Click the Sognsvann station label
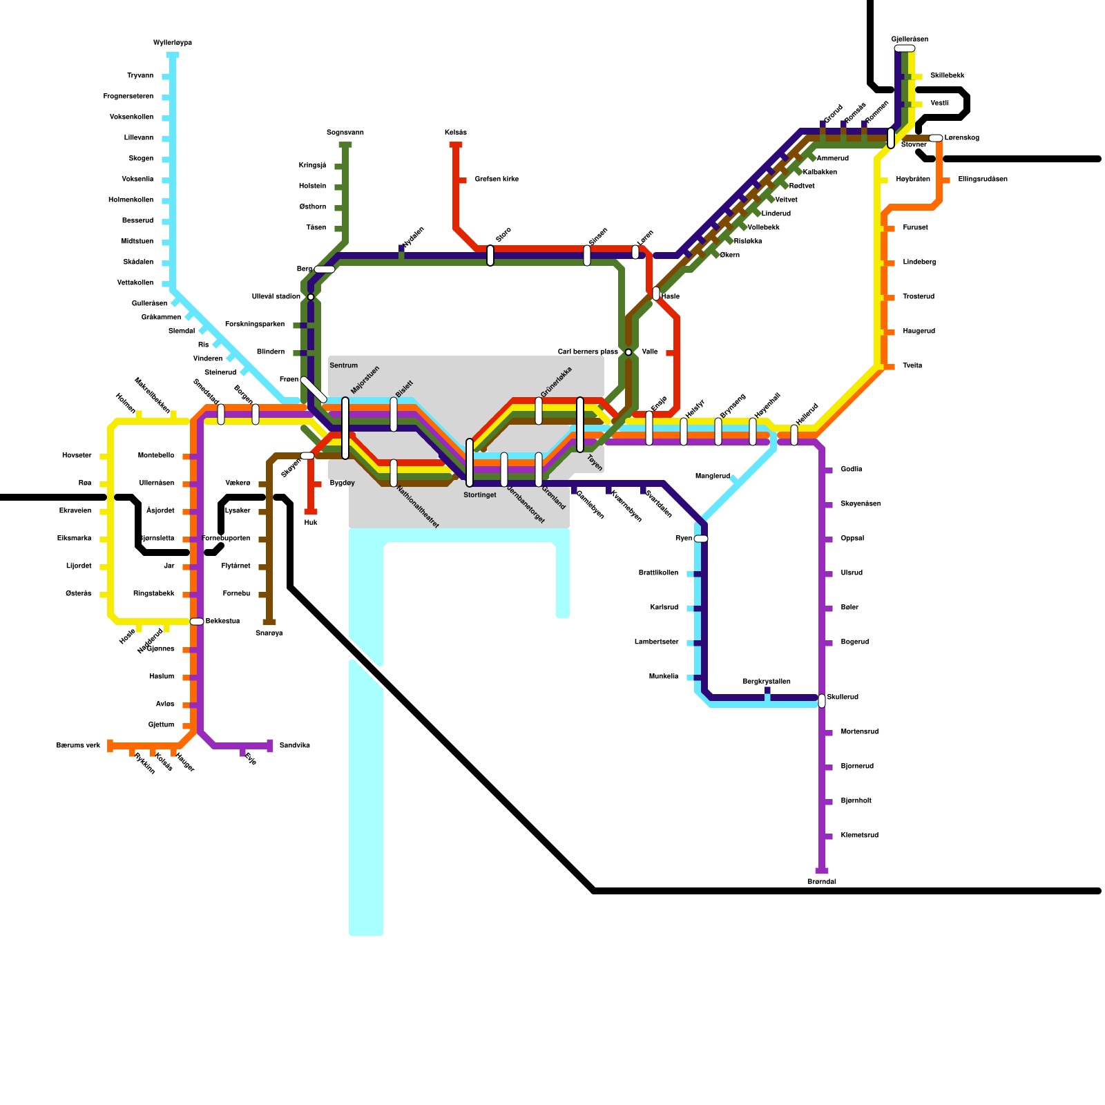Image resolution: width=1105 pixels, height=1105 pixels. coord(345,132)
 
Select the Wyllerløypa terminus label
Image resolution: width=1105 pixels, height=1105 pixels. coord(173,43)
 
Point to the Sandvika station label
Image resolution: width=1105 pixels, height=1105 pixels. coord(294,746)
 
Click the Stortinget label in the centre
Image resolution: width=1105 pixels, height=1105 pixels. coord(480,495)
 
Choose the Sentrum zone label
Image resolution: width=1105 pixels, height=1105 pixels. coord(343,365)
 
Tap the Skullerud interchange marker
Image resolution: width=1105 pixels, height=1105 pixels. coord(822,701)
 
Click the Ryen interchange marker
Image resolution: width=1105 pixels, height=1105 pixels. coord(701,539)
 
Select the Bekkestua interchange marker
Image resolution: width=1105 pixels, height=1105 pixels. coord(197,622)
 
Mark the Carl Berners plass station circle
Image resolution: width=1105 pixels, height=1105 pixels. coord(628,352)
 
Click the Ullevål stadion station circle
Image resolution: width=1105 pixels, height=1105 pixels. coord(311,297)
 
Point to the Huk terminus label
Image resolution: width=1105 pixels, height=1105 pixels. coord(311,523)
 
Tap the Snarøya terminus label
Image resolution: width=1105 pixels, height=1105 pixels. coord(269,633)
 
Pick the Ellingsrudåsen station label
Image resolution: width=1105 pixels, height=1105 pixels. coord(982,180)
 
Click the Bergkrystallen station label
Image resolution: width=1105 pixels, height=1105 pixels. coord(767,682)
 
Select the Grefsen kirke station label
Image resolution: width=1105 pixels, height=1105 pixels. coord(496,180)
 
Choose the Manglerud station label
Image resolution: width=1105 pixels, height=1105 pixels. coord(712,477)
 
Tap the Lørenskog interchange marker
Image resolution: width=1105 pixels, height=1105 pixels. coord(936,138)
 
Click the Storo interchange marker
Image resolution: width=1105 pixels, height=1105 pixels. coord(490,256)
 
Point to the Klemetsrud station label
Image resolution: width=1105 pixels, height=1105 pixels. coord(859,836)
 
